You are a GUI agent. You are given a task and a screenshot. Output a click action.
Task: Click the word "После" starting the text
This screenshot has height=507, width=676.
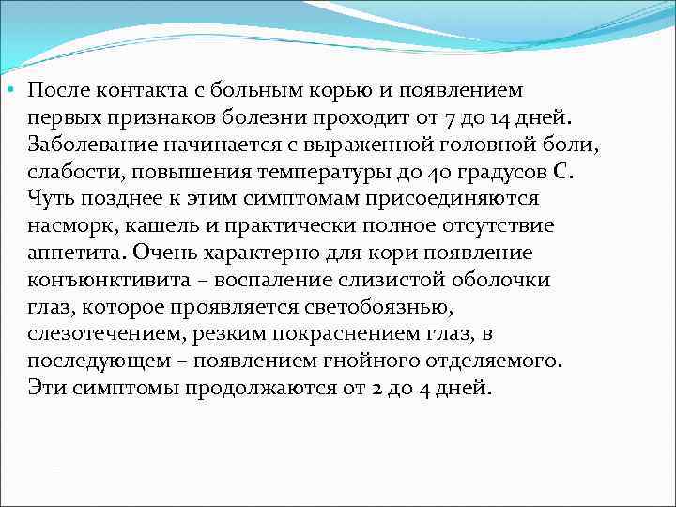click(54, 91)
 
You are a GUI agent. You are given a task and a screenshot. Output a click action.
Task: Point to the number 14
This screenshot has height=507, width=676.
click(498, 118)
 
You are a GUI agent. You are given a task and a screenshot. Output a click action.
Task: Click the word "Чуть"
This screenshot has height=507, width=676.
click(48, 199)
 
